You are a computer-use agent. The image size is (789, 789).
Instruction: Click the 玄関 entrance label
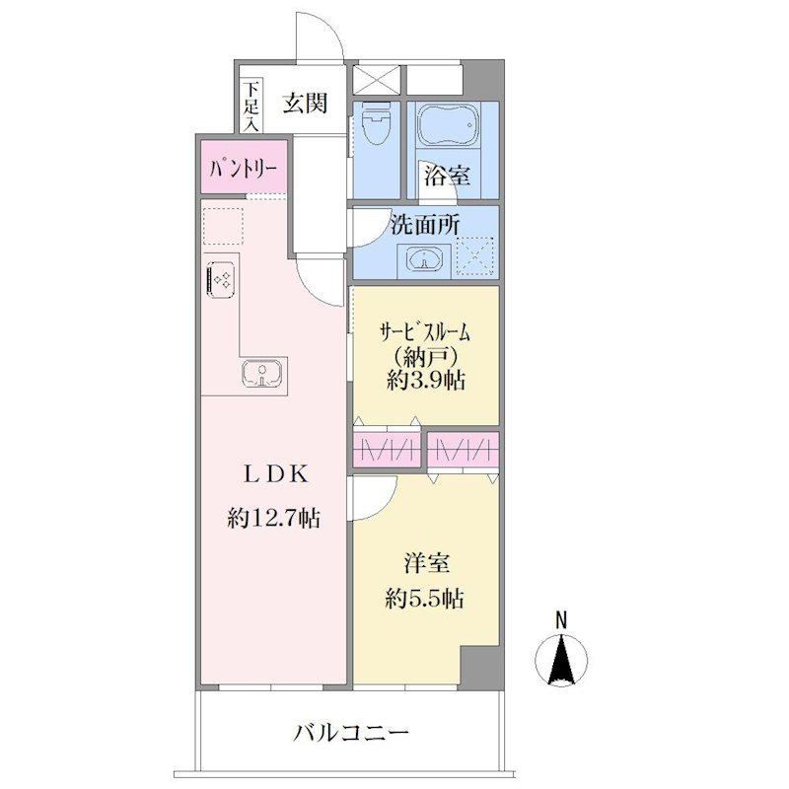(305, 104)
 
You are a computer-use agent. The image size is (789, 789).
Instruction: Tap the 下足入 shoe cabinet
(251, 106)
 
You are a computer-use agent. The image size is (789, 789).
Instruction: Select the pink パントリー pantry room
(244, 167)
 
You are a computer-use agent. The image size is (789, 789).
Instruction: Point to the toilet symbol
(376, 120)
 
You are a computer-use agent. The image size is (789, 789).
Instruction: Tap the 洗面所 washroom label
(425, 225)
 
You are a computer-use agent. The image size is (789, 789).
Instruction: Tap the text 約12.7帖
(274, 517)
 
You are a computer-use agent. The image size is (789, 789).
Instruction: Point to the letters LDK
(275, 474)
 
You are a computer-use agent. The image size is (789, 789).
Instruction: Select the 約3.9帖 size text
(426, 381)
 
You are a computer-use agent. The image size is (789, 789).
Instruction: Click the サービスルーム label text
(425, 332)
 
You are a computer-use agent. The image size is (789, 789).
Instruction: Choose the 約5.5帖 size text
(425, 599)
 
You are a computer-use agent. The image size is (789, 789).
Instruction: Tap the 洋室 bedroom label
(426, 563)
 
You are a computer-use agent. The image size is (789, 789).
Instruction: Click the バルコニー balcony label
(351, 733)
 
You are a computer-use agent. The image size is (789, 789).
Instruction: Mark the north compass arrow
(560, 658)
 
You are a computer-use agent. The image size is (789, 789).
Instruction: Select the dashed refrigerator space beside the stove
(223, 226)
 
